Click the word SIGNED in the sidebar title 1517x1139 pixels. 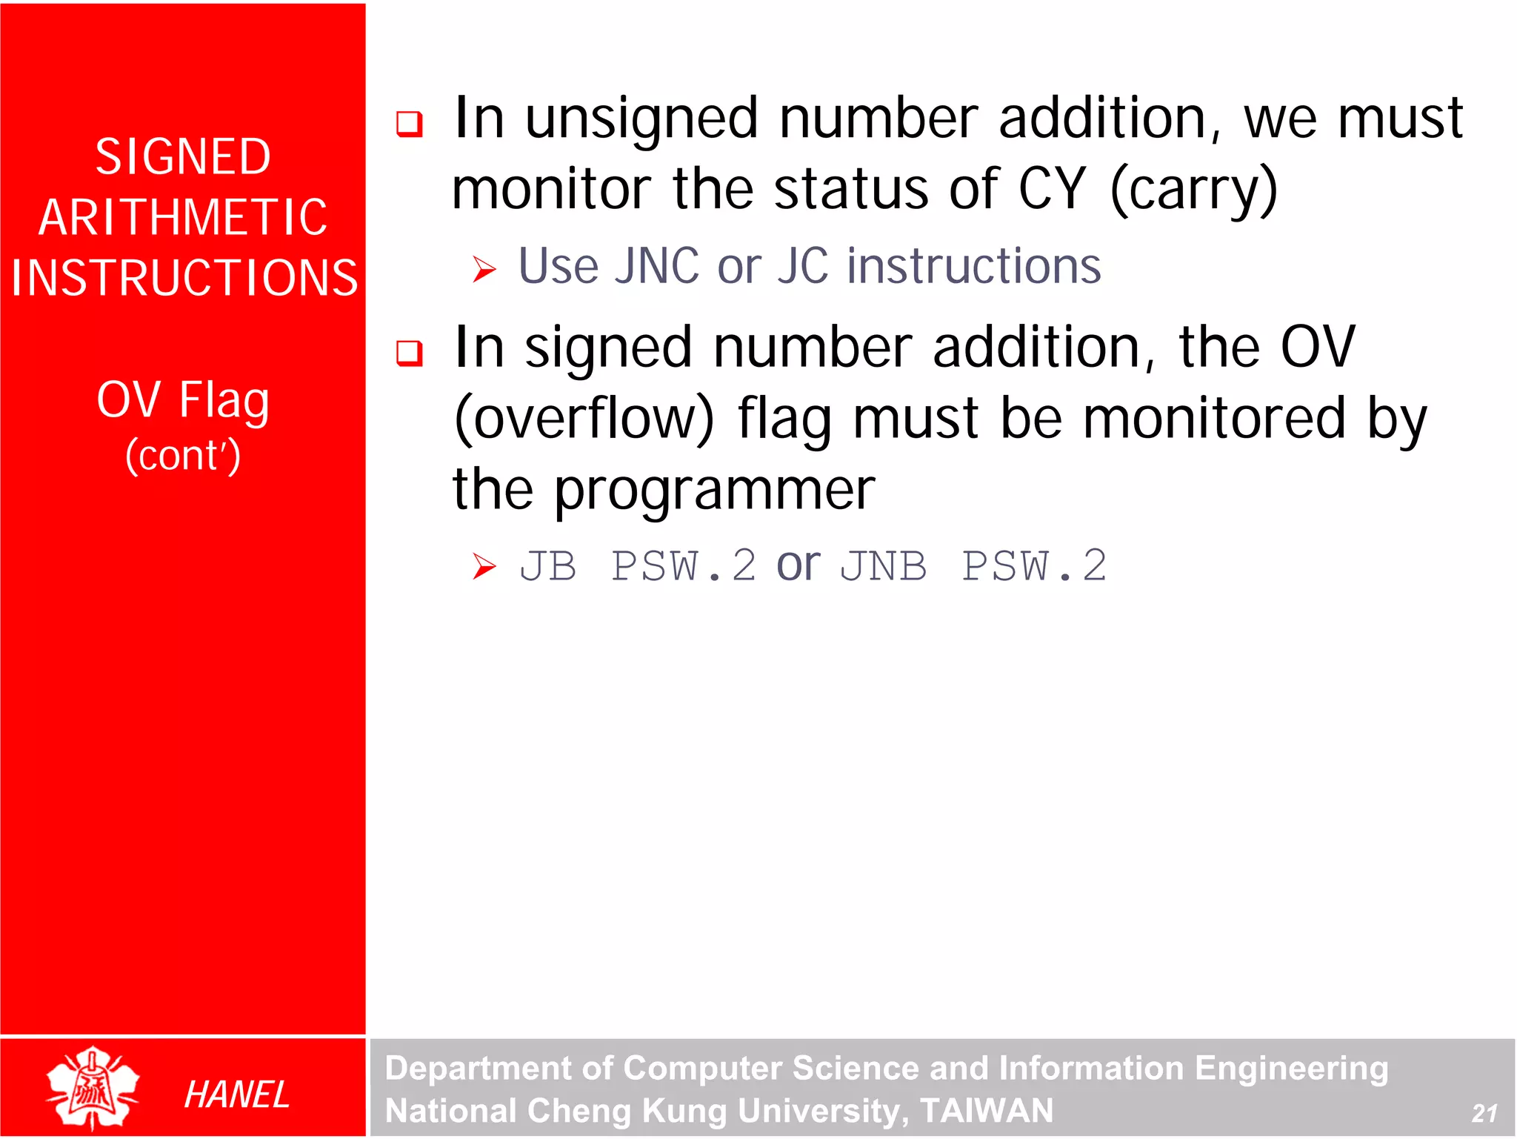pos(183,157)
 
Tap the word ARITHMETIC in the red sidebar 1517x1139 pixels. pos(183,218)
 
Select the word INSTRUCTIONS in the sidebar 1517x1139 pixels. pos(184,278)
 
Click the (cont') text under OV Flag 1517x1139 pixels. pos(183,455)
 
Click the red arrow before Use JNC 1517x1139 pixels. pos(484,269)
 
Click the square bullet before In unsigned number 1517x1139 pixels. pos(410,123)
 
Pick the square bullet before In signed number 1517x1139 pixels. pos(410,353)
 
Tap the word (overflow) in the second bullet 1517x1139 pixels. pos(584,419)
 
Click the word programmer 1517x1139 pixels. pos(715,491)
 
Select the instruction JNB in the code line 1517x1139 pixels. pos(884,567)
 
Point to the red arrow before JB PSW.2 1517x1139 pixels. pos(484,567)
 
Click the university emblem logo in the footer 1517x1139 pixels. pos(93,1088)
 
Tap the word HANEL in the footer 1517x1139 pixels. pos(236,1095)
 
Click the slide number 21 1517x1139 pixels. pos(1484,1112)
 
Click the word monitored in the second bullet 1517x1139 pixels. pos(1214,419)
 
